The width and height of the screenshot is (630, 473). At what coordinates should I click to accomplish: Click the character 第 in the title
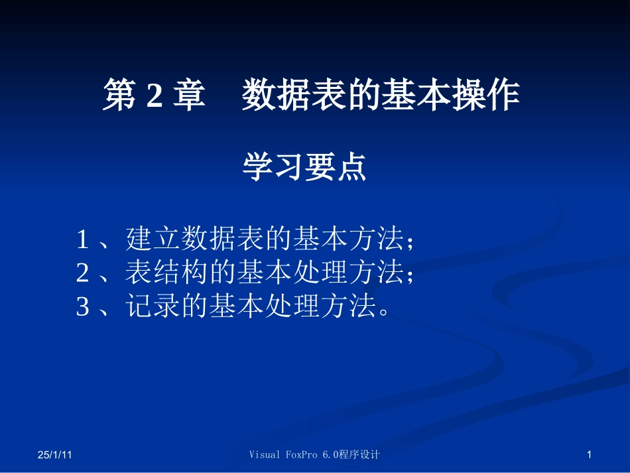(x=119, y=96)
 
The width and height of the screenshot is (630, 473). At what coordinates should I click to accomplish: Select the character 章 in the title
(x=189, y=96)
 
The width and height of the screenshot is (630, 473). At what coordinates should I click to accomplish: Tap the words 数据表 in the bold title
(x=290, y=96)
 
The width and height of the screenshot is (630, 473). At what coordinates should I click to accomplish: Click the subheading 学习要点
(x=304, y=168)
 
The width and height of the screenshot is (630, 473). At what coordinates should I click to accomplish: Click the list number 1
(x=83, y=239)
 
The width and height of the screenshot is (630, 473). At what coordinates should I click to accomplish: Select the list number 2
(x=83, y=273)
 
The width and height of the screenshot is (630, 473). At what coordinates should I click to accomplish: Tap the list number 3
(x=83, y=306)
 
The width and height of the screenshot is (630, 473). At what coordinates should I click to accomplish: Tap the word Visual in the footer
(x=265, y=455)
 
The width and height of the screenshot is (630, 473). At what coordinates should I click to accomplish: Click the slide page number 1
(x=589, y=455)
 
